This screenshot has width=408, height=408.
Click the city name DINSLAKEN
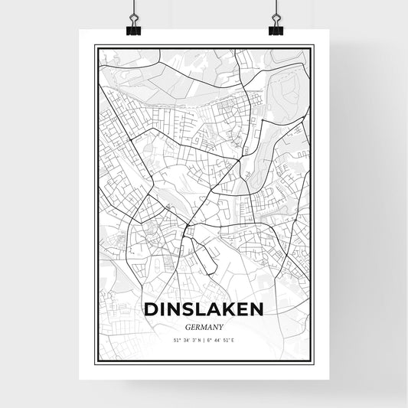(204, 308)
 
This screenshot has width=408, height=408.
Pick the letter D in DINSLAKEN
(150, 308)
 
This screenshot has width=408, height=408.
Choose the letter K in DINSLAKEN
(227, 308)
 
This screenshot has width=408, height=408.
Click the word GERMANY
(204, 324)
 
